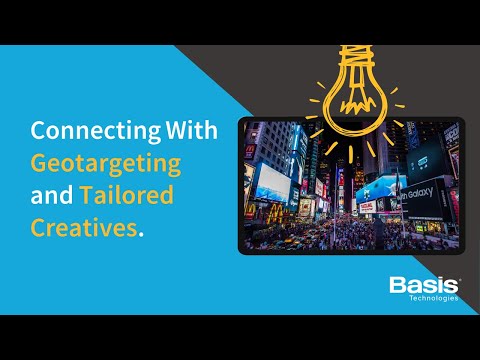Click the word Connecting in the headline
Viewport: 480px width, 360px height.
pyautogui.click(x=75, y=132)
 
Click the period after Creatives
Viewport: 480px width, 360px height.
pyautogui.click(x=142, y=233)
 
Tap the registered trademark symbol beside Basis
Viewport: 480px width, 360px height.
pyautogui.click(x=459, y=279)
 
